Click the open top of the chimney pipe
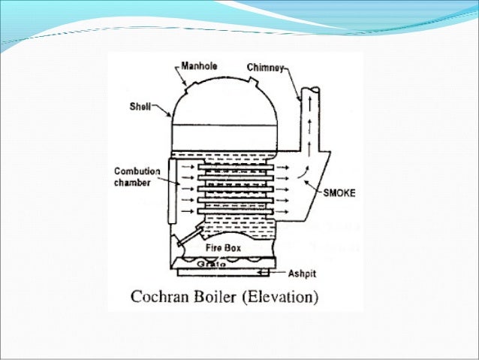tap(310, 92)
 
